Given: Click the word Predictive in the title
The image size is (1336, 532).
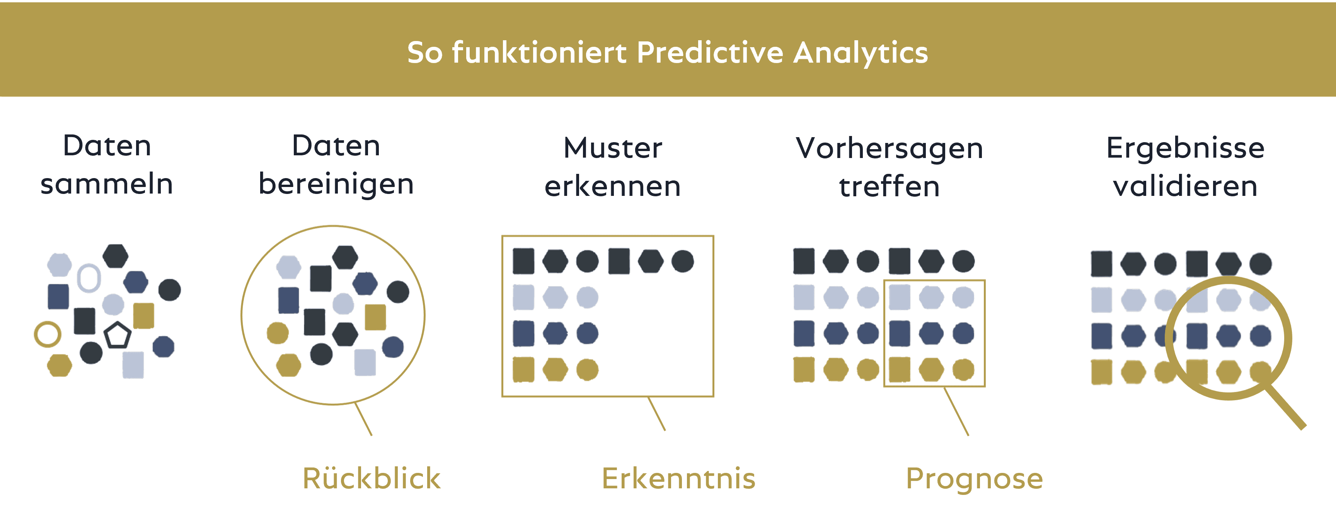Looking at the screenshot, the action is [x=710, y=53].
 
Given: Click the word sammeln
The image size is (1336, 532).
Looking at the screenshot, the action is [x=107, y=184].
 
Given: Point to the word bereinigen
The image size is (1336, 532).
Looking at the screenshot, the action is [x=336, y=184].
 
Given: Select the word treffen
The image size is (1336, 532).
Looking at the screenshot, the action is [x=890, y=186].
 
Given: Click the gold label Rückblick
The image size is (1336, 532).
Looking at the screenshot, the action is [x=371, y=478].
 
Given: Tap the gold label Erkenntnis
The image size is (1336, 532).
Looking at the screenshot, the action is [x=678, y=478].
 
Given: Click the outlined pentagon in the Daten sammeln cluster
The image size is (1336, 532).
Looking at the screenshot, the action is [x=117, y=335].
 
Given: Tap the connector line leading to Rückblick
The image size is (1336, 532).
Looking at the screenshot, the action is [x=363, y=419].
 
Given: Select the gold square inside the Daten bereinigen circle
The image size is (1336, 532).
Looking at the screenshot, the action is [x=375, y=317].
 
